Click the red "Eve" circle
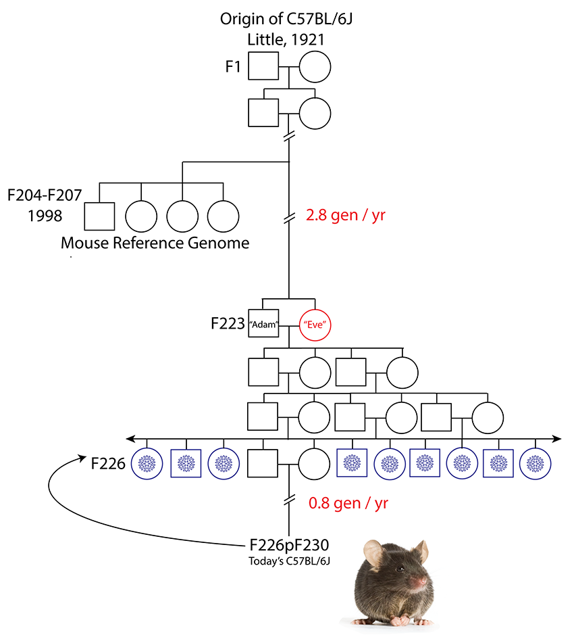[315, 325]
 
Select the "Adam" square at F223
[264, 325]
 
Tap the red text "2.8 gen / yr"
[345, 216]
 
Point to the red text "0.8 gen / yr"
[348, 503]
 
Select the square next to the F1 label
[264, 68]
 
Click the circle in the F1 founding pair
[315, 68]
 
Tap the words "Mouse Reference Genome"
[155, 243]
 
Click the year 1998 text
[45, 216]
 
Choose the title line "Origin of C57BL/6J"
[287, 18]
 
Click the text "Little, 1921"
[287, 39]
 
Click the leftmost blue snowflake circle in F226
[146, 463]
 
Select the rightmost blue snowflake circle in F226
[536, 463]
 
